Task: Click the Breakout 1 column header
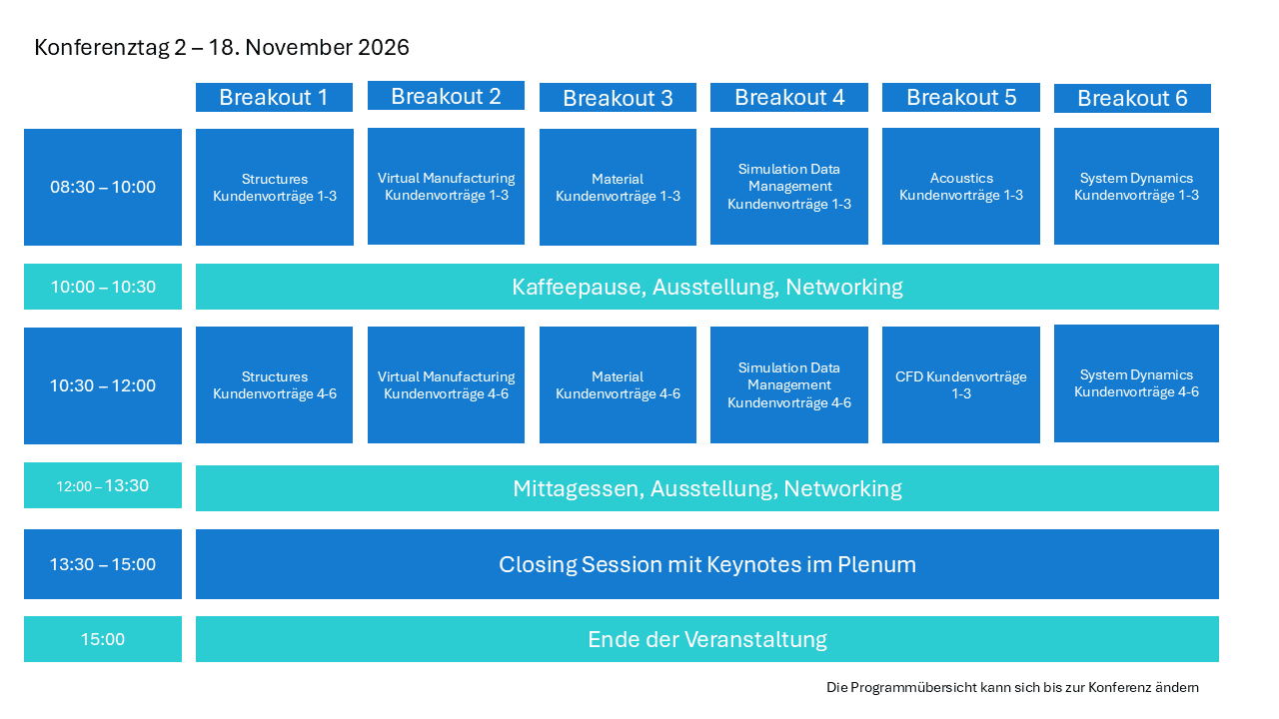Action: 274,97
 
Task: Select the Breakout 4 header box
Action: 789,97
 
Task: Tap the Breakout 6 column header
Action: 1132,98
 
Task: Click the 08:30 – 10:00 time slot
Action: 103,187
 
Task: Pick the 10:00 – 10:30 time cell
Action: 103,287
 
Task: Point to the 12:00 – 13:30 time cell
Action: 103,485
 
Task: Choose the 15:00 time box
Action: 103,639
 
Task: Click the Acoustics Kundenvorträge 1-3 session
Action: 961,186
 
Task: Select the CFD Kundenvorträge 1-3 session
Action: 961,384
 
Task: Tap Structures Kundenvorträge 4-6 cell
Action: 274,384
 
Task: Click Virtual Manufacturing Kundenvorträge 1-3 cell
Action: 446,186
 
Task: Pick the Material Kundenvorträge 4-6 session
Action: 618,384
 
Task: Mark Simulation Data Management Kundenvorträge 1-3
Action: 789,186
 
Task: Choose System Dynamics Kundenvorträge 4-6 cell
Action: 1136,383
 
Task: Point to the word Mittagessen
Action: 578,489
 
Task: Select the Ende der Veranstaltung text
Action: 707,640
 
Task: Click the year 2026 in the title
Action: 384,47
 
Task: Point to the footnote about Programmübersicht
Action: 1012,688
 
